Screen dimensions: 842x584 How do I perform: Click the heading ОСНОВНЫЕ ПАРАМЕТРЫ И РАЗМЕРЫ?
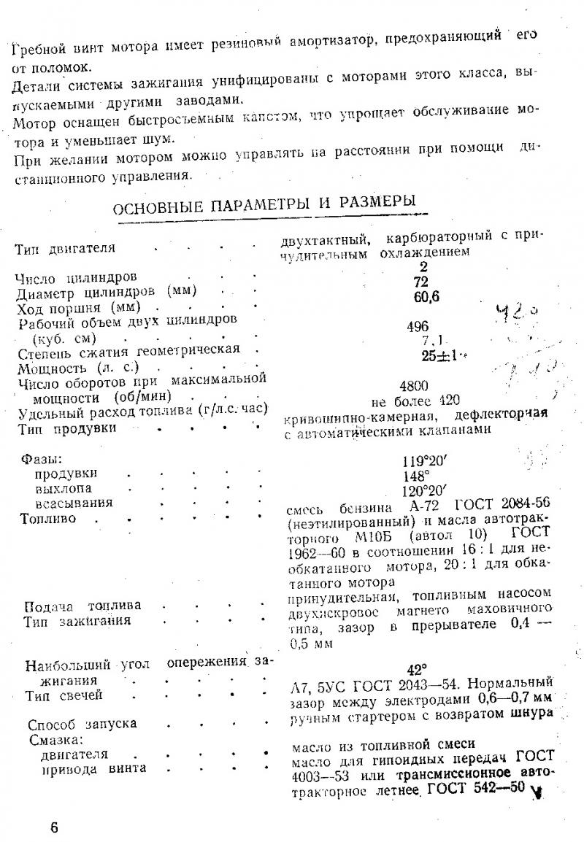(264, 203)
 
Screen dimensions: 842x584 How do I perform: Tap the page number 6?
(54, 827)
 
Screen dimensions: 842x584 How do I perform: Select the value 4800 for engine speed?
(415, 386)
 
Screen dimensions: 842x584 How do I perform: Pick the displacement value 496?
(418, 327)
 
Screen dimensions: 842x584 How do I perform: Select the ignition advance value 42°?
(416, 668)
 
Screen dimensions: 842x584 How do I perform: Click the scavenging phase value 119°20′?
(423, 461)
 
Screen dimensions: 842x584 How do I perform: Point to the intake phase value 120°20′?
(423, 490)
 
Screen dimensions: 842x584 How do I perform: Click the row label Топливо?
(49, 519)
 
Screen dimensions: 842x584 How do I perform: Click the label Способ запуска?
(82, 725)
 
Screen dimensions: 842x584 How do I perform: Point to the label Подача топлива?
(83, 606)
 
